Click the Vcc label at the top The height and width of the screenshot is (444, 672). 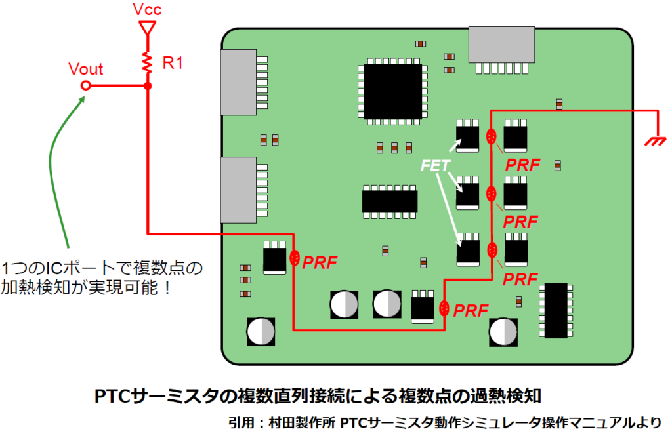147,10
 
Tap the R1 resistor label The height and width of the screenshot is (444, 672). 173,64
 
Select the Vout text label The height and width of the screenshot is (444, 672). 86,70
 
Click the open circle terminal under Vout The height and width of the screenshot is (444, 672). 85,86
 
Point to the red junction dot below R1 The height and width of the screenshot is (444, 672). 148,86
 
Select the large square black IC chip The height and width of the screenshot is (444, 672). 392,92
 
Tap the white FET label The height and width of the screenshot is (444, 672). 434,167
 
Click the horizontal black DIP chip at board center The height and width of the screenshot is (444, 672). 390,201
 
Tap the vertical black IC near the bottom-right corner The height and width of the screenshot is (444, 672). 556,311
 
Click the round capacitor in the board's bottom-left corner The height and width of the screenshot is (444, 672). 261,332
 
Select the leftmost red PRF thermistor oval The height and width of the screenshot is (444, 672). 295,260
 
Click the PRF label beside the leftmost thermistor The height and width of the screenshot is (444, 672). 320,262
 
